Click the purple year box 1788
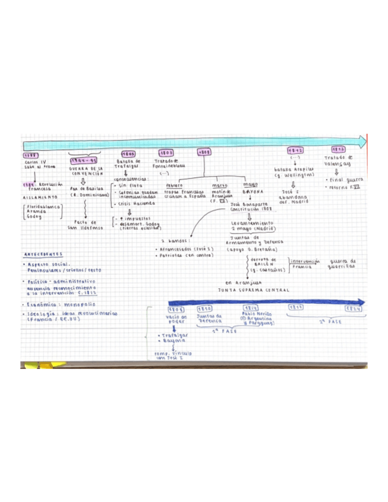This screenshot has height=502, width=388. (30, 155)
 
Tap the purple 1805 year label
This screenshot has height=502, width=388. (127, 153)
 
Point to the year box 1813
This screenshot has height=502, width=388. (339, 150)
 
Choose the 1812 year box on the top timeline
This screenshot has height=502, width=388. (296, 150)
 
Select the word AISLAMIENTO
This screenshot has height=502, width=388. (41, 197)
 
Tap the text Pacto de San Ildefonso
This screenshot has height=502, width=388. (86, 224)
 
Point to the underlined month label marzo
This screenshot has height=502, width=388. (220, 185)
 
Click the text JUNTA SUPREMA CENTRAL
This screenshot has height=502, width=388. (254, 290)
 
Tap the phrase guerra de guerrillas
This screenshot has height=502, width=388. (344, 263)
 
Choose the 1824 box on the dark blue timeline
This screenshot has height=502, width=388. (354, 308)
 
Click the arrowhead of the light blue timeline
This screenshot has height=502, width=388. (360, 141)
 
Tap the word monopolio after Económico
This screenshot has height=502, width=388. (81, 305)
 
